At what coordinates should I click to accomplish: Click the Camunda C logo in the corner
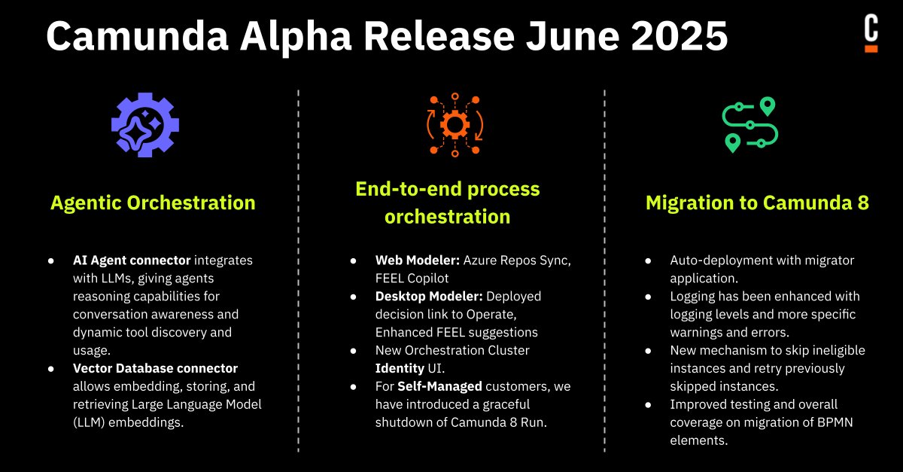coord(871,34)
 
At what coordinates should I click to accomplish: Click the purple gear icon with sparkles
coord(145,124)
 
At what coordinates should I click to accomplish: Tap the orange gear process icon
coord(455,124)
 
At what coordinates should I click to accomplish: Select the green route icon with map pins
coord(749,125)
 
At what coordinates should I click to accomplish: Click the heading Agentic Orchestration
coord(153,203)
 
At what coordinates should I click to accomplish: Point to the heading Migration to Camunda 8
coord(757,203)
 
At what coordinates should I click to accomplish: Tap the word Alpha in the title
coord(292,35)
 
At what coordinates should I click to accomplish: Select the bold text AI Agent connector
coord(132,260)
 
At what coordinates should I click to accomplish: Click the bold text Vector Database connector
coord(155,368)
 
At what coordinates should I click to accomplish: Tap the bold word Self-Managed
coord(445,386)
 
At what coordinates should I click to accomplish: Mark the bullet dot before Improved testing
coord(649,404)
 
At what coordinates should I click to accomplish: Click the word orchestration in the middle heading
coord(447,218)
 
